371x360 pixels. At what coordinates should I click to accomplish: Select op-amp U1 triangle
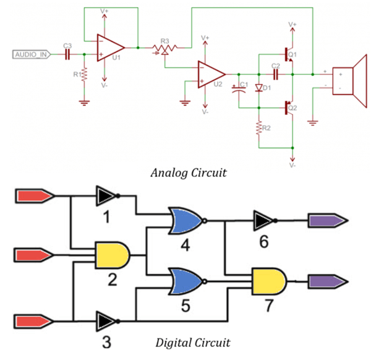pyautogui.click(x=110, y=47)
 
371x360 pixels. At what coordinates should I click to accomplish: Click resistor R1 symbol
pyautogui.click(x=85, y=75)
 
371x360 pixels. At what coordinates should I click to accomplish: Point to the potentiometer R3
pyautogui.click(x=164, y=48)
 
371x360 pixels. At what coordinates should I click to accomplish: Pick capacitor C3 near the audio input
pyautogui.click(x=67, y=54)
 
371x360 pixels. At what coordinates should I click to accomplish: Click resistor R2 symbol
pyautogui.click(x=258, y=128)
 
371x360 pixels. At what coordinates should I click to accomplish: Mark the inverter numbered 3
pyautogui.click(x=104, y=321)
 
